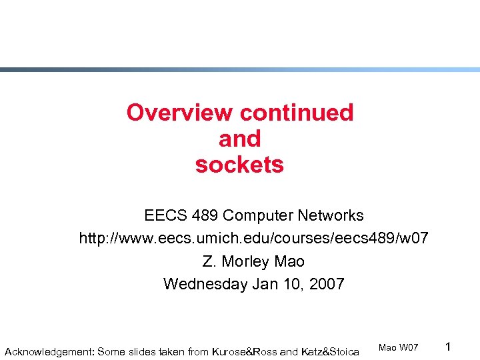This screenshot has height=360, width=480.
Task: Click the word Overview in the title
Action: point(180,113)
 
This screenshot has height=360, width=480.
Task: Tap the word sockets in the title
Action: point(239,165)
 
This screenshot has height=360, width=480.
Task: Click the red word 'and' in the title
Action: point(239,139)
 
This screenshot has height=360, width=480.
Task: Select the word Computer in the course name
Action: point(259,215)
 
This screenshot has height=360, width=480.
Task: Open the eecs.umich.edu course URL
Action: point(253,238)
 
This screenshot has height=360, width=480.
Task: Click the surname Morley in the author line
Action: point(245,261)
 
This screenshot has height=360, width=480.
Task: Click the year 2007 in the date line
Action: point(326,283)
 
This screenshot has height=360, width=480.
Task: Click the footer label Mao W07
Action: point(398,347)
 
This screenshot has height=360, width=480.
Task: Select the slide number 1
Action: point(449,347)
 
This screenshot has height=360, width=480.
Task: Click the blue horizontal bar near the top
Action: point(240,69)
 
